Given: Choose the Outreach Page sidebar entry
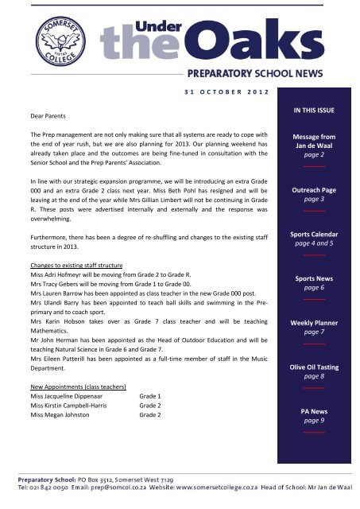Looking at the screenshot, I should [x=311, y=192].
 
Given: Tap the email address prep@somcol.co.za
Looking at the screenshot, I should [x=115, y=495].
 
